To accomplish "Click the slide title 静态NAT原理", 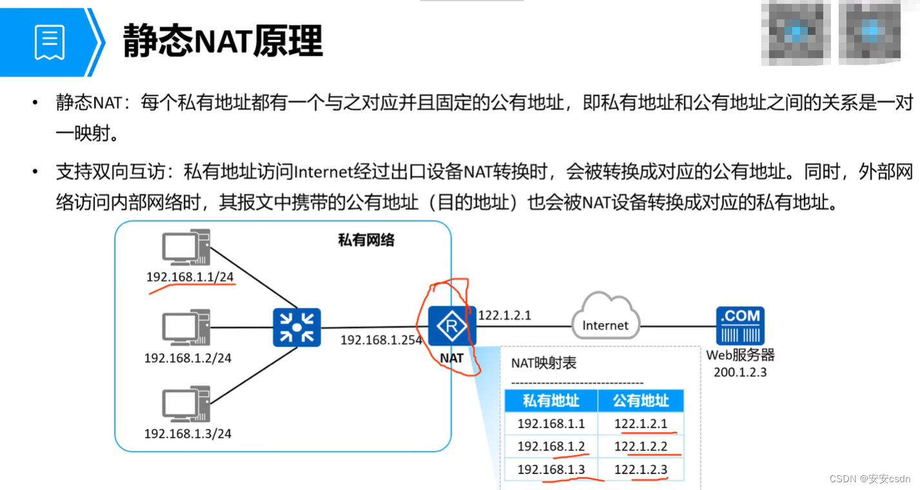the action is (223, 41).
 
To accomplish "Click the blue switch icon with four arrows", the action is (296, 327).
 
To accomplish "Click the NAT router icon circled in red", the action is (452, 327).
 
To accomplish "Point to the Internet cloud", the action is (605, 317).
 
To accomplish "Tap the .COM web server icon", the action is (740, 325).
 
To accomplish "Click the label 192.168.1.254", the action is (381, 340).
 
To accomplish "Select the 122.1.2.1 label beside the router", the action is (505, 316).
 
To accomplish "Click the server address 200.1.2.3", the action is (740, 372).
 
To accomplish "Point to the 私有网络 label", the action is (366, 241).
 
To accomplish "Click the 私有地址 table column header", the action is (550, 401).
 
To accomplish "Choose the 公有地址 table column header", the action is (640, 401).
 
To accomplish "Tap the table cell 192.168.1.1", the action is (551, 424).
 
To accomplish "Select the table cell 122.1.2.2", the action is (640, 447).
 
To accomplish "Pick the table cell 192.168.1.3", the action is (551, 469).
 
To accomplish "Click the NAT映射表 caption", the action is (544, 363).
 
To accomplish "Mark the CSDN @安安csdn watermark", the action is (870, 478).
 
